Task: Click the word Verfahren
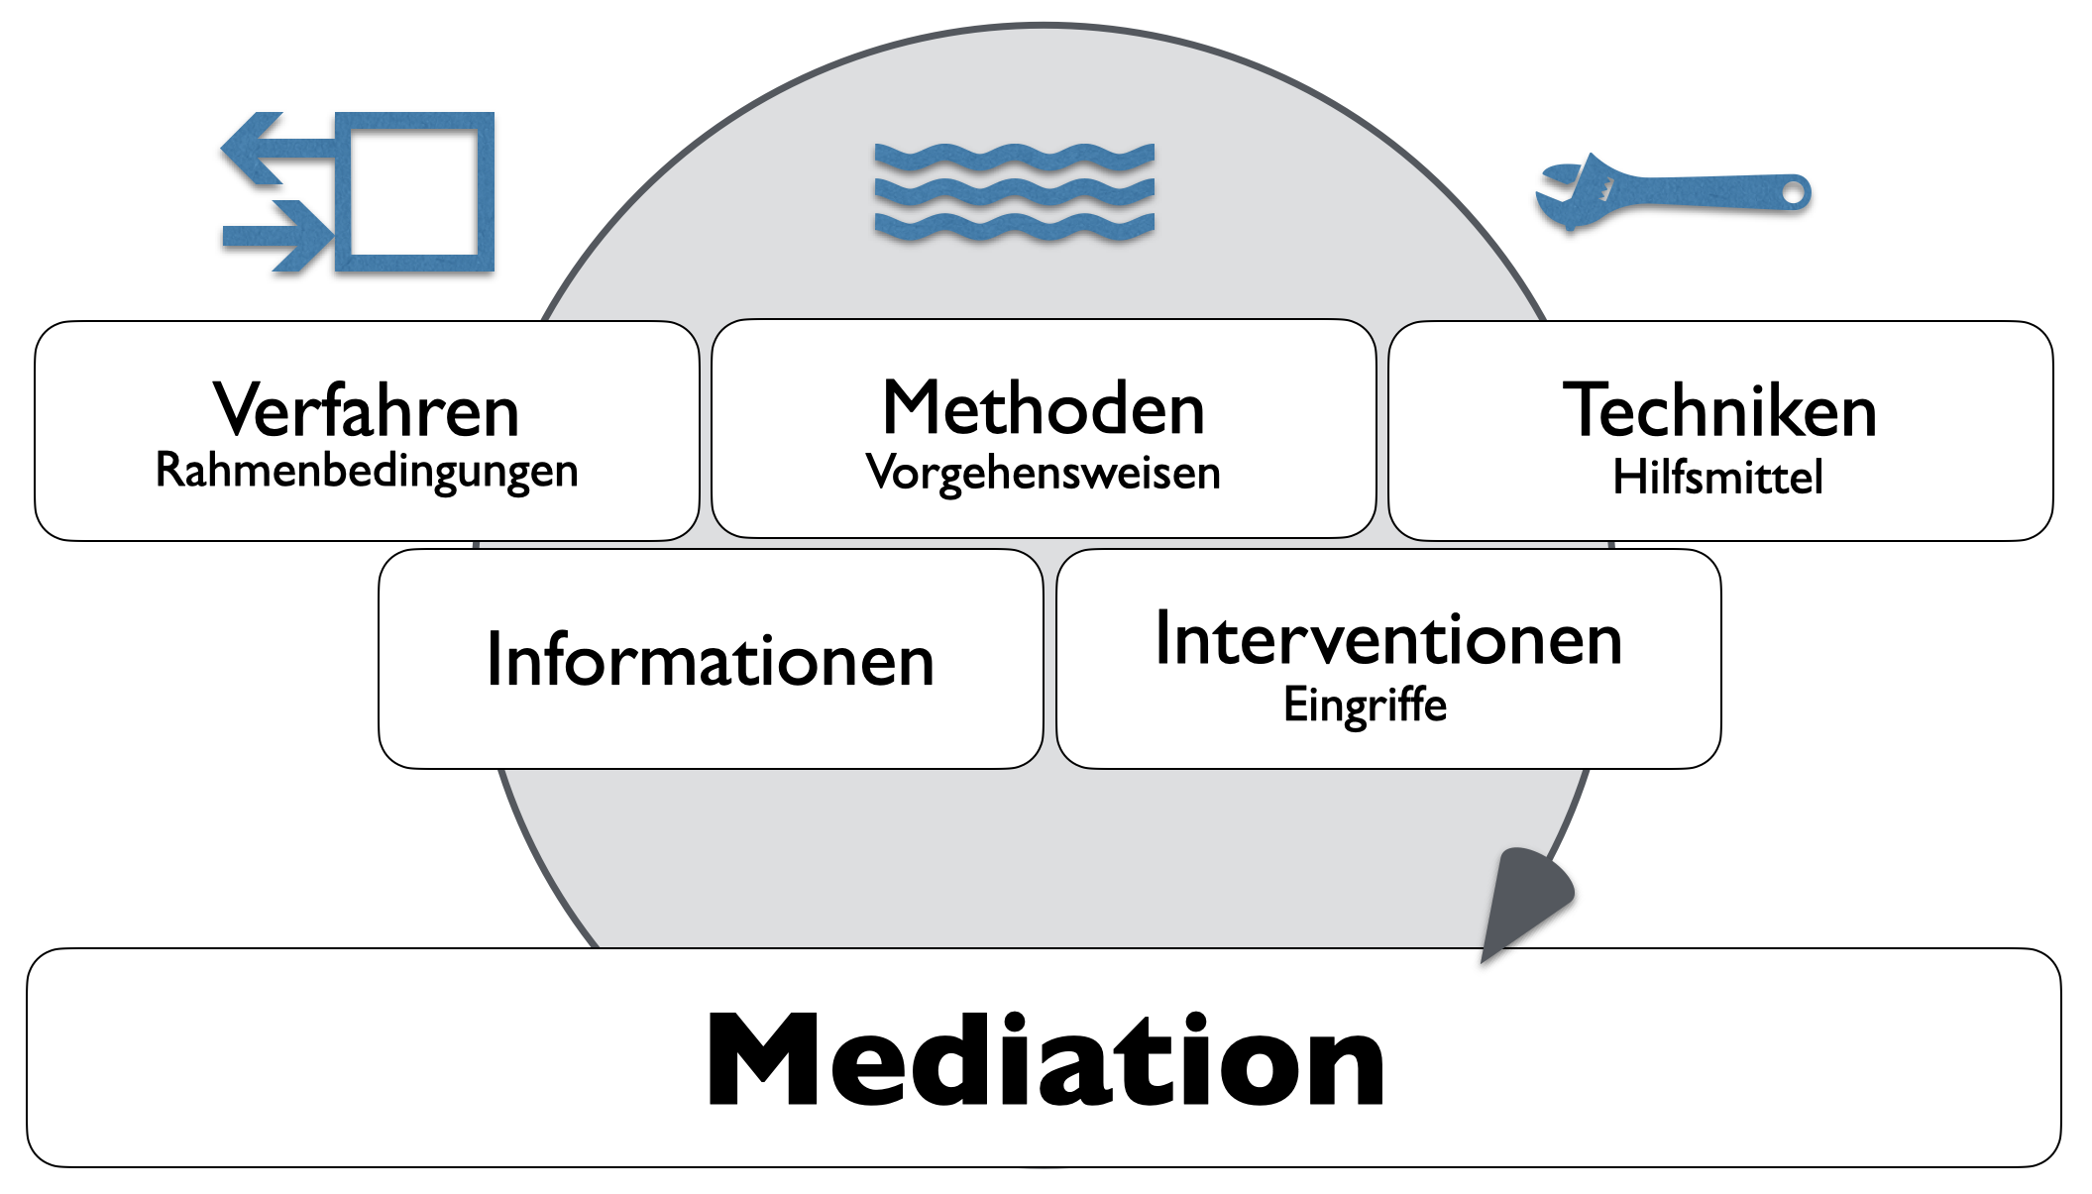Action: tap(366, 410)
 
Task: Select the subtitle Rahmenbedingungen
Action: tap(366, 471)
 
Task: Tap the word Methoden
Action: tap(1043, 408)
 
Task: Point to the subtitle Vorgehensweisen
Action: tap(1043, 473)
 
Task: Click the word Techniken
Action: tap(1719, 410)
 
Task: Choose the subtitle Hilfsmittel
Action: tap(1717, 477)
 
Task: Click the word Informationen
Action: tap(710, 660)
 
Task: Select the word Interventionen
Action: tap(1387, 639)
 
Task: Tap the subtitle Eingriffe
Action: tap(1365, 705)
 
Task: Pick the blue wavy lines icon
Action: tap(1014, 192)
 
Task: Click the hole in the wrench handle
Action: tap(1794, 192)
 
